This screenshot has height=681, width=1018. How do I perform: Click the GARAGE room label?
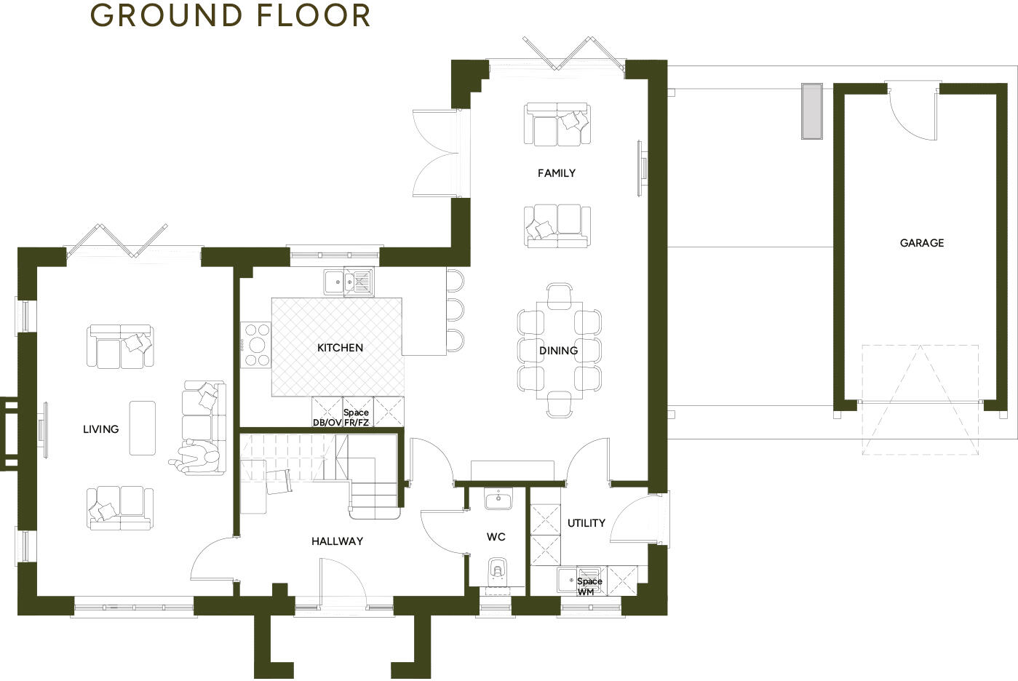tap(921, 243)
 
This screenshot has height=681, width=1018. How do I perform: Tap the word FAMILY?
tap(556, 173)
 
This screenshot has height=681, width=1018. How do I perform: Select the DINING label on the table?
tap(558, 351)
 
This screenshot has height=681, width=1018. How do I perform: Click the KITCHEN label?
tap(340, 348)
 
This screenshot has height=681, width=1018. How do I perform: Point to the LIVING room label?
tap(100, 429)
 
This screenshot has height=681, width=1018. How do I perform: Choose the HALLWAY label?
tap(337, 541)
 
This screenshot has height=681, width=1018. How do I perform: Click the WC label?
tap(496, 537)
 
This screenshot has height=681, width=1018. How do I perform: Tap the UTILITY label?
tap(586, 523)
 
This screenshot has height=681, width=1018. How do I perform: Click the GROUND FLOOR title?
tap(231, 15)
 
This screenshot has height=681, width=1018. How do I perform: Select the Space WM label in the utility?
tap(589, 586)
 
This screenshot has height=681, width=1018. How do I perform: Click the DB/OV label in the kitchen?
tap(327, 423)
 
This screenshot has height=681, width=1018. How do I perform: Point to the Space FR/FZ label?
tap(357, 418)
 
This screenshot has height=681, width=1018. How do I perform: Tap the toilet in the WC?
tap(498, 570)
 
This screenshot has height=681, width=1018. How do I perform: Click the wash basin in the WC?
tap(498, 499)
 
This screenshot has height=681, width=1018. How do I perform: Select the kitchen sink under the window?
tap(349, 282)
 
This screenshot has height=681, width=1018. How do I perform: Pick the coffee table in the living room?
tap(143, 427)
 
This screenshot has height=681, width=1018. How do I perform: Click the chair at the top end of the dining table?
tap(559, 294)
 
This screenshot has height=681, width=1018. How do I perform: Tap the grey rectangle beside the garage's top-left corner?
tap(811, 111)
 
